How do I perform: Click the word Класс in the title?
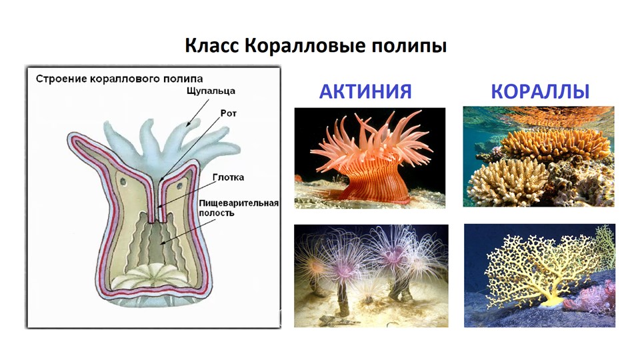pyautogui.click(x=211, y=45)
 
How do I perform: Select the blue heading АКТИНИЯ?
pyautogui.click(x=365, y=91)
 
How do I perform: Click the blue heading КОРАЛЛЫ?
pyautogui.click(x=540, y=91)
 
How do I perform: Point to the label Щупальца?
pyautogui.click(x=211, y=91)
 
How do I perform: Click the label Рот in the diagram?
pyautogui.click(x=229, y=113)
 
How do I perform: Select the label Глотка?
pyautogui.click(x=228, y=177)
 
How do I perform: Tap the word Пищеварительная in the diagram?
pyautogui.click(x=239, y=203)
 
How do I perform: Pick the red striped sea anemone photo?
pyautogui.click(x=370, y=158)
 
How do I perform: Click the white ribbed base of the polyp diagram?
pyautogui.click(x=153, y=276)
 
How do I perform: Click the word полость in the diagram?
pyautogui.click(x=216, y=213)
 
